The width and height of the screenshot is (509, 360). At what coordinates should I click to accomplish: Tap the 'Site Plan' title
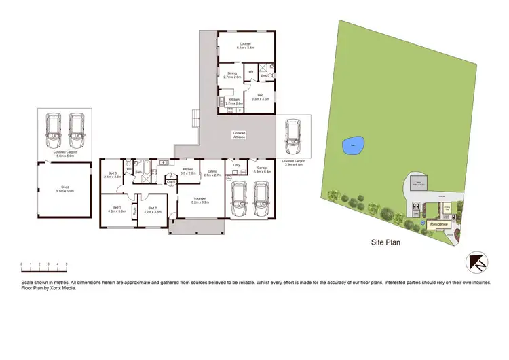pyautogui.click(x=386, y=241)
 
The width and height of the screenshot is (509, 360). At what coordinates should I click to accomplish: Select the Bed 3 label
pyautogui.click(x=113, y=175)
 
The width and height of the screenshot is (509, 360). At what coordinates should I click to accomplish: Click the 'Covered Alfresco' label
pyautogui.click(x=238, y=134)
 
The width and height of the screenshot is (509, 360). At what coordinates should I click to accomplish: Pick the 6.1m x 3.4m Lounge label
pyautogui.click(x=245, y=46)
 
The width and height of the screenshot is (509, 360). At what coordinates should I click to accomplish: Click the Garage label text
pyautogui.click(x=262, y=170)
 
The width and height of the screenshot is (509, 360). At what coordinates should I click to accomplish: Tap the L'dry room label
pyautogui.click(x=237, y=165)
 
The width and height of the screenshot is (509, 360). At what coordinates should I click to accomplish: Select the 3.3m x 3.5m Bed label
pyautogui.click(x=261, y=97)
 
